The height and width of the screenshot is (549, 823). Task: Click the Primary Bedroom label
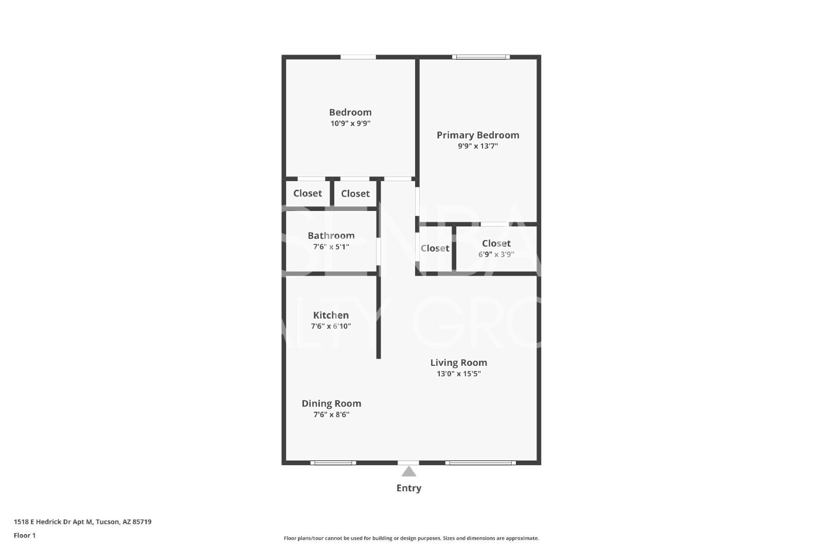click(478, 135)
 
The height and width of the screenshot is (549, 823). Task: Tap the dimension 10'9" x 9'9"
click(350, 123)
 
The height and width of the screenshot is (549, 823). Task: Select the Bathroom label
click(331, 236)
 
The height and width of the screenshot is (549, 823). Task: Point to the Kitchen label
click(331, 315)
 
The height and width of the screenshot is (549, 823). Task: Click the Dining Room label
click(331, 403)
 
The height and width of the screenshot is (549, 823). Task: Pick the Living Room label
click(458, 363)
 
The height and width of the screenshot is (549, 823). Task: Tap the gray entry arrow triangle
click(408, 471)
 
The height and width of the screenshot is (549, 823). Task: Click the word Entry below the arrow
click(408, 488)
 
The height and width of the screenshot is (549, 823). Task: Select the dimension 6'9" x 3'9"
click(496, 254)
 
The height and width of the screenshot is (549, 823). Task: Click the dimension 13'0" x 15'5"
click(458, 374)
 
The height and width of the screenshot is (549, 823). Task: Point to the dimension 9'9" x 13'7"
click(478, 146)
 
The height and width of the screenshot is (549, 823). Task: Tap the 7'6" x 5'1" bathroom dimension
click(331, 246)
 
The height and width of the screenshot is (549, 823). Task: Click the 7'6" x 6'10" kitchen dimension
click(331, 326)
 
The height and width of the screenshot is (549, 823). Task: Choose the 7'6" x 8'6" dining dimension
click(331, 415)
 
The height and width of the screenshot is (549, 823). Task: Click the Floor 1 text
click(25, 536)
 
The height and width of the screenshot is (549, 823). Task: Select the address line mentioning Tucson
click(83, 522)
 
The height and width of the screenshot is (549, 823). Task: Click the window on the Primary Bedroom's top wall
click(480, 57)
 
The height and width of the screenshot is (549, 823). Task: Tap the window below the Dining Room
click(333, 463)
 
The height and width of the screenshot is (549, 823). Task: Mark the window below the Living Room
click(480, 463)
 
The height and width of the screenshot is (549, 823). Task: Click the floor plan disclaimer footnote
click(411, 538)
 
